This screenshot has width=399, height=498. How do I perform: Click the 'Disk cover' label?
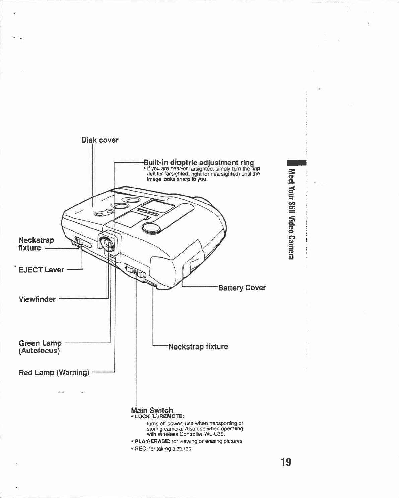(100, 140)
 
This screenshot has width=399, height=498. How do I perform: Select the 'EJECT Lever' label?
(41, 270)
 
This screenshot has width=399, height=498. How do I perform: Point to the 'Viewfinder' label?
(37, 299)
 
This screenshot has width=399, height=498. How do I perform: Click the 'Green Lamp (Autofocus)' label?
(40, 347)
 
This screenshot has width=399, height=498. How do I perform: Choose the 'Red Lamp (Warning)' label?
(54, 373)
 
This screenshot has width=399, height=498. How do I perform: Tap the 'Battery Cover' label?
(242, 288)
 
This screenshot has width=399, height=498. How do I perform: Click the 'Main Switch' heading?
(152, 410)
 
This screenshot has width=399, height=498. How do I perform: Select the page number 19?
(286, 462)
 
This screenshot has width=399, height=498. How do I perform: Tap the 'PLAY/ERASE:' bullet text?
(150, 441)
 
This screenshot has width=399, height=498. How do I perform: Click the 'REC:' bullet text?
(141, 449)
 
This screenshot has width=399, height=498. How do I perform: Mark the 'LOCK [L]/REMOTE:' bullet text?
(159, 417)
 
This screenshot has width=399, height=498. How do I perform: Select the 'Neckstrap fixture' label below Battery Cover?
(198, 347)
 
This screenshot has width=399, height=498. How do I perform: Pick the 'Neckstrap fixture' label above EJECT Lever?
(36, 244)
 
